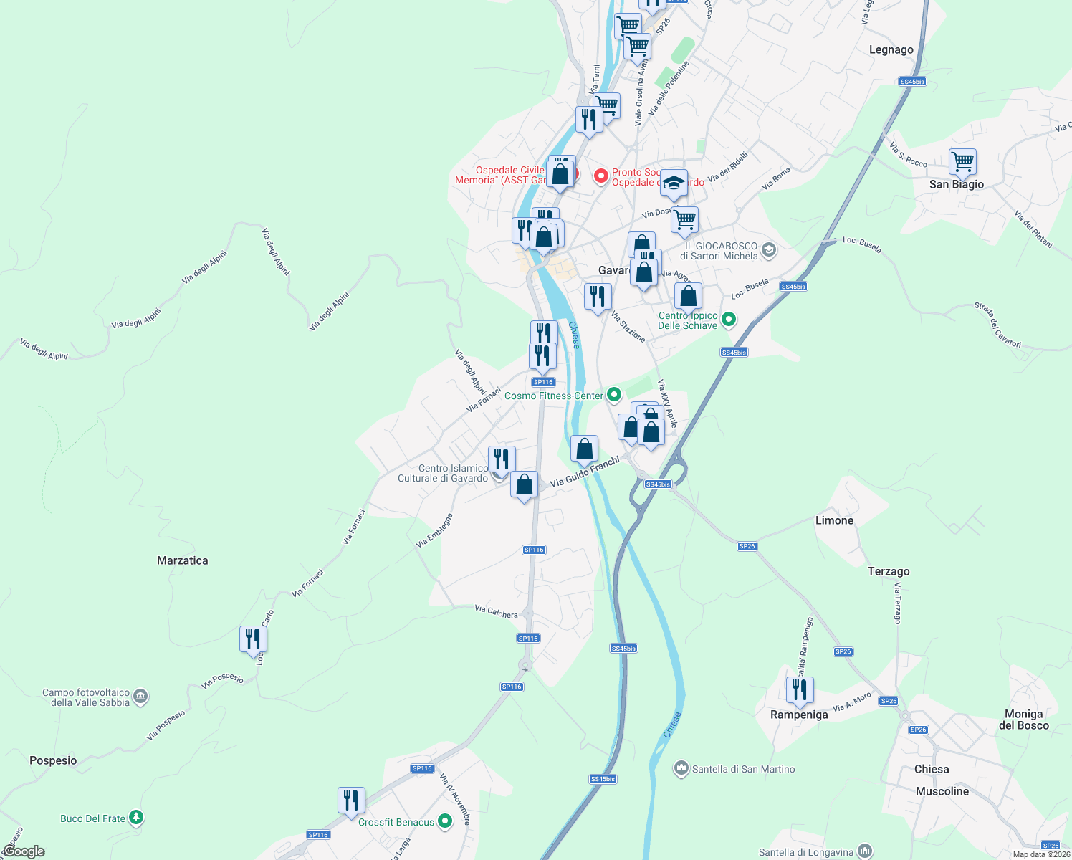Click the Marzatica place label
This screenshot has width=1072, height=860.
pos(182,560)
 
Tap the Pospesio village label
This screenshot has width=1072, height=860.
pos(53,760)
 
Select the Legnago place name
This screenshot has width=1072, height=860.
pos(891,49)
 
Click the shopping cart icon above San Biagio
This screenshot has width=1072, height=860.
pos(962,162)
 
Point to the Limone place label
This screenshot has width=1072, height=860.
pos(834,520)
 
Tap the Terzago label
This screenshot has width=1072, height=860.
pos(889,571)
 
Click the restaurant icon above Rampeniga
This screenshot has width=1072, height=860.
pos(799,690)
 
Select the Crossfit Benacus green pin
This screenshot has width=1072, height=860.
pos(445,821)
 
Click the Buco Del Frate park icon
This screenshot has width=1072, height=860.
pos(136,818)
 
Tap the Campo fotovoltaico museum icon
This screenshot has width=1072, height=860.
pos(140,697)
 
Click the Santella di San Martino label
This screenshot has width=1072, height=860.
pos(743,769)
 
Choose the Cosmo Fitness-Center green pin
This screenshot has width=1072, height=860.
pos(613,395)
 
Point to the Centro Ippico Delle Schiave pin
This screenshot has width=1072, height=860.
pos(728,320)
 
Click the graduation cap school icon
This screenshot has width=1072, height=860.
pos(674,183)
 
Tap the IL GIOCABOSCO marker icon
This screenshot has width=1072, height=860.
pos(769,250)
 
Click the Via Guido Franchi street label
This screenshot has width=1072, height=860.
pos(585,473)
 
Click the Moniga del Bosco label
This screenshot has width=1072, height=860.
pos(1023,720)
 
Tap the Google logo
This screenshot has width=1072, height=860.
pos(24,851)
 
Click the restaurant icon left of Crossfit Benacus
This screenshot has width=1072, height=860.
pos(351,800)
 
